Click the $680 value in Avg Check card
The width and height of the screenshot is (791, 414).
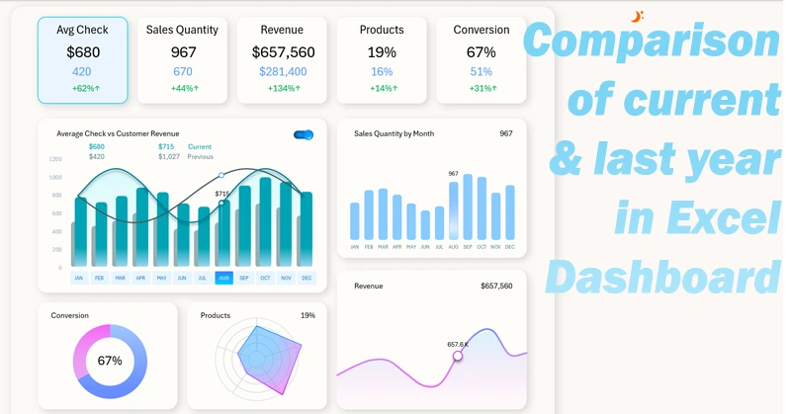[x=83, y=52]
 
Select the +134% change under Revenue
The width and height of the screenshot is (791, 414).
[x=282, y=89]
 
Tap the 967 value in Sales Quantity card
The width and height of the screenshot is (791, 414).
[x=183, y=52]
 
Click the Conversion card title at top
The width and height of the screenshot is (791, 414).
[x=482, y=30]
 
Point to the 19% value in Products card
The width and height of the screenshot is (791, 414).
[x=382, y=52]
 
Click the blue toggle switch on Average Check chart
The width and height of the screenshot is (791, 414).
[x=304, y=134]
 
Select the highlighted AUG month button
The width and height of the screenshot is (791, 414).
[x=223, y=279]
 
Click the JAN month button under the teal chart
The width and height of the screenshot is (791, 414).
[x=79, y=279]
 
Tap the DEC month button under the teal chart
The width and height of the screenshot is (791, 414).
[x=307, y=279]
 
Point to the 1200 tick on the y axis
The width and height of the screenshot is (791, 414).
[x=55, y=159]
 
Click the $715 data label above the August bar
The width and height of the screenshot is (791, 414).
[x=221, y=194]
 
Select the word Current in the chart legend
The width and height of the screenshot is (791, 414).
[x=200, y=147]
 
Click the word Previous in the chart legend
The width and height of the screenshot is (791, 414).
[x=201, y=157]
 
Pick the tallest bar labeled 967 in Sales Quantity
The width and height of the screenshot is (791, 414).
[x=454, y=210]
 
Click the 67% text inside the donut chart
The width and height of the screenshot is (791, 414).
[x=110, y=361]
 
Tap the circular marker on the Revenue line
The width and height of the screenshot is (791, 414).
[x=458, y=356]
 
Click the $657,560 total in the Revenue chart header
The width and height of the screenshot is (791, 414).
[x=496, y=287]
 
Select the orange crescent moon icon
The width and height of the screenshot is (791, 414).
[x=638, y=16]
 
